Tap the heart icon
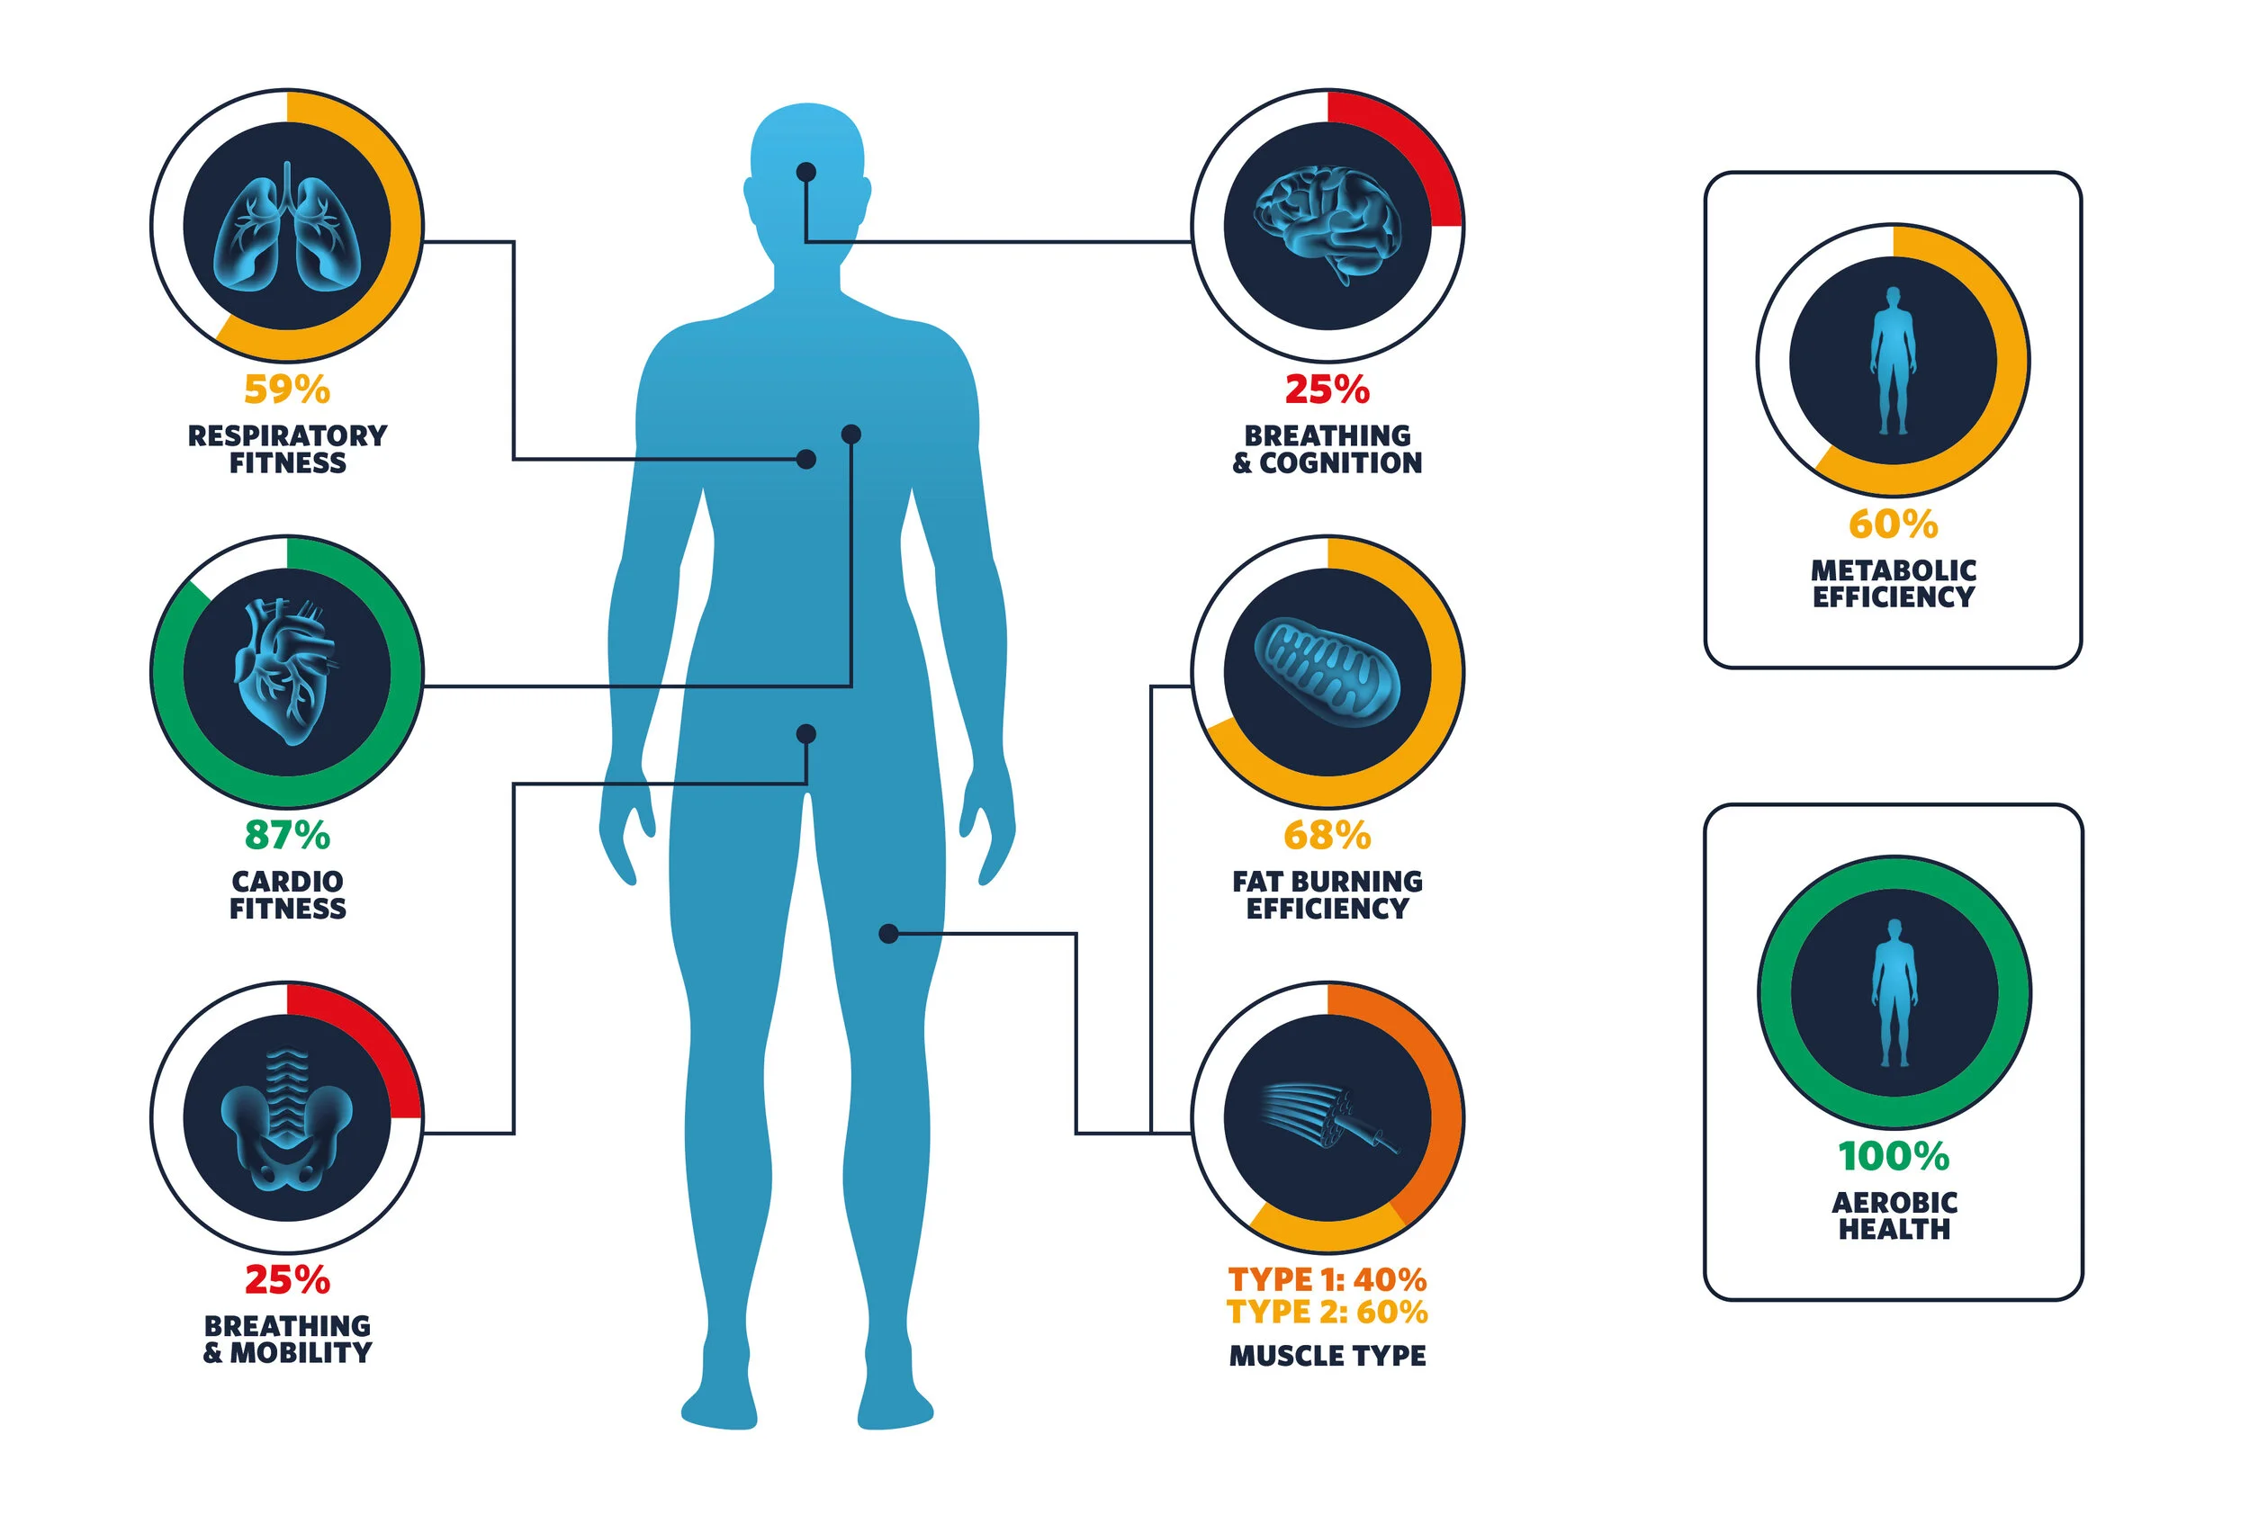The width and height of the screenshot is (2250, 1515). [x=286, y=671]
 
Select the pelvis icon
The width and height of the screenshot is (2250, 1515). [x=287, y=1118]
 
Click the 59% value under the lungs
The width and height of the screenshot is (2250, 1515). [x=287, y=390]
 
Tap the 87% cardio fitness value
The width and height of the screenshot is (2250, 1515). [x=287, y=835]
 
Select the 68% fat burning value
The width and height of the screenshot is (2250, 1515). [x=1327, y=835]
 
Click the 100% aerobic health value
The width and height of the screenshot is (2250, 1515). [x=1894, y=1155]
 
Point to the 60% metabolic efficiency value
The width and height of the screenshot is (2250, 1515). [x=1893, y=524]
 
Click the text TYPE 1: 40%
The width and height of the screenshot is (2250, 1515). [x=1327, y=1279]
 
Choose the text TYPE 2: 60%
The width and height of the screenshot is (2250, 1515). [x=1327, y=1312]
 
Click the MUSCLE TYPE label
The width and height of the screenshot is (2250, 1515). [x=1327, y=1356]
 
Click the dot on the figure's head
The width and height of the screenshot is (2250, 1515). [x=806, y=172]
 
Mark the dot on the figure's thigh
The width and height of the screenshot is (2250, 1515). [x=888, y=933]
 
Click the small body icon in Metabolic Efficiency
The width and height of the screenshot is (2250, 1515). [x=1893, y=361]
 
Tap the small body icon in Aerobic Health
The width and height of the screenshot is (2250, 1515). [x=1894, y=992]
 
